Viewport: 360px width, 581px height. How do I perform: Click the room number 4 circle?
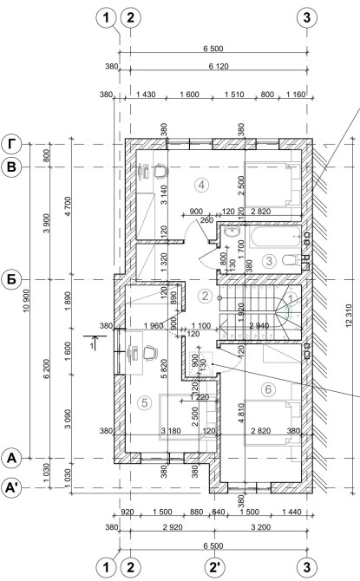point(201,185)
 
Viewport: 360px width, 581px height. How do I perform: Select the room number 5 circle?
point(145,402)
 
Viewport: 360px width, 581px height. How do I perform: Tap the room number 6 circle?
point(268,389)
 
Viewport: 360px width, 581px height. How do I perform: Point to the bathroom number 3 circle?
point(269,261)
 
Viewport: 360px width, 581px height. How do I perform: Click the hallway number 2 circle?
point(205,296)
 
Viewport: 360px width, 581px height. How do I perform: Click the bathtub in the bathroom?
point(275,238)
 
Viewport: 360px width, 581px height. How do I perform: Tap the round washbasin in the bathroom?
point(232,232)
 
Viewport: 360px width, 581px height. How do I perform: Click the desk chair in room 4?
point(160,171)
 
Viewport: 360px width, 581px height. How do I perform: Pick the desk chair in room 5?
point(150,352)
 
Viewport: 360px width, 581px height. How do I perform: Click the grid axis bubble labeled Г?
point(12,145)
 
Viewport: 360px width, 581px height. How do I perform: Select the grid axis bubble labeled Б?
point(12,279)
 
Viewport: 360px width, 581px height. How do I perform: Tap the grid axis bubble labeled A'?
point(12,488)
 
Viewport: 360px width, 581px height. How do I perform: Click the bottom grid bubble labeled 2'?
point(215,567)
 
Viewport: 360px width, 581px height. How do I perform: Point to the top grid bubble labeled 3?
point(307,17)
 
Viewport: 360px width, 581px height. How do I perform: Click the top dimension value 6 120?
point(219,66)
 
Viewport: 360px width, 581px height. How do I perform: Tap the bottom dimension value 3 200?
point(261,527)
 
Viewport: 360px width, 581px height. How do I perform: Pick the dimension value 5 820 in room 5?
point(165,369)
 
